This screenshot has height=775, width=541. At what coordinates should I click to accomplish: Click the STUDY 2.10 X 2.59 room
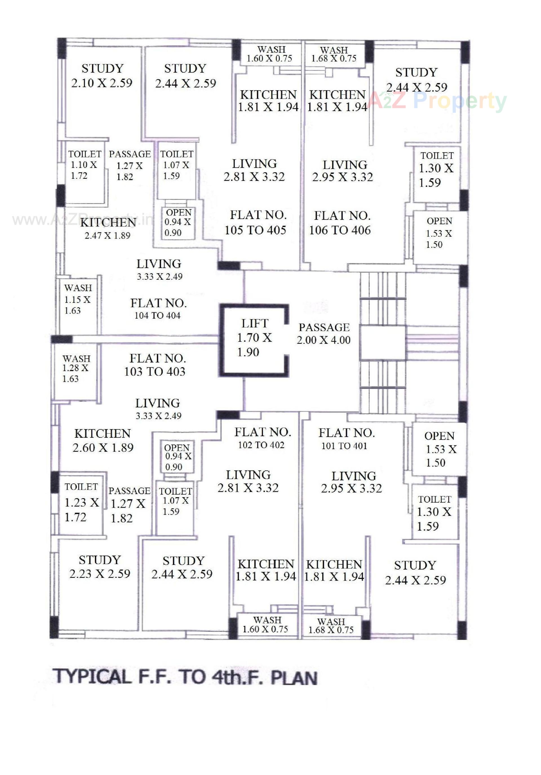pyautogui.click(x=101, y=76)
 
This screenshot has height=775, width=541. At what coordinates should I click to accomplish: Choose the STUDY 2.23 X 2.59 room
pyautogui.click(x=99, y=567)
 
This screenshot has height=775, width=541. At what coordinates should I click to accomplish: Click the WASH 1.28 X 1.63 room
pyautogui.click(x=76, y=368)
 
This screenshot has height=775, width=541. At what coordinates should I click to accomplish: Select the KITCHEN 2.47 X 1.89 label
pyautogui.click(x=108, y=228)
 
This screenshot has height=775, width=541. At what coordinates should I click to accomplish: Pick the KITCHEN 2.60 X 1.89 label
pyautogui.click(x=103, y=441)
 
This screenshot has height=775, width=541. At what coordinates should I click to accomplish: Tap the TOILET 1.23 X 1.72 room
pyautogui.click(x=81, y=502)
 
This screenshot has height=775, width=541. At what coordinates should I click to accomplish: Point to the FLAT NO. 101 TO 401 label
pyautogui.click(x=346, y=439)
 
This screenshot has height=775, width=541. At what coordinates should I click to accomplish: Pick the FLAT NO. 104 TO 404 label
pyautogui.click(x=158, y=309)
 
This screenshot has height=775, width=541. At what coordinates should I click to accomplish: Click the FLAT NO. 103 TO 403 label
pyautogui.click(x=156, y=365)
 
